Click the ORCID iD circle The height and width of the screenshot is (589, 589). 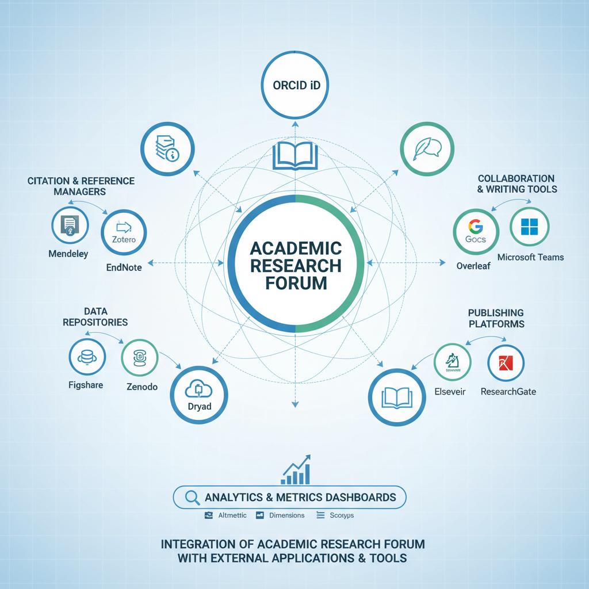pos(294,86)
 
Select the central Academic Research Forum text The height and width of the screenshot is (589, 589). pos(294,265)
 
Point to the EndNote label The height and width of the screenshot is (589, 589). pos(124,267)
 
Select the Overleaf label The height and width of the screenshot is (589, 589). pos(473,266)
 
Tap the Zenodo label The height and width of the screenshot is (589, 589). pos(142,387)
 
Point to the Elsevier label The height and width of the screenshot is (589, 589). pos(450,392)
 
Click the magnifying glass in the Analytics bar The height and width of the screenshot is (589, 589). pos(192,497)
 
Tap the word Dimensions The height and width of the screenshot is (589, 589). pos(286,515)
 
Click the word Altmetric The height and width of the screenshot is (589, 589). pos(232,515)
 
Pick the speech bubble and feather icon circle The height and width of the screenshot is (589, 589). pos(423,147)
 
